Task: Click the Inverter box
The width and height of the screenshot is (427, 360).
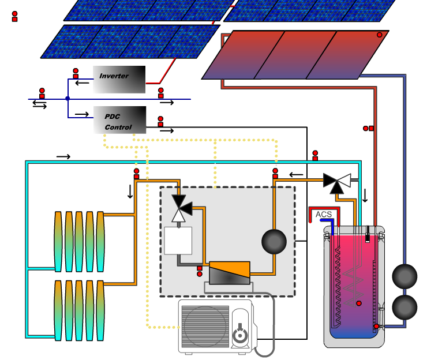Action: point(119,80)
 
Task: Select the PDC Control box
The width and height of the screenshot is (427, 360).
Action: point(119,120)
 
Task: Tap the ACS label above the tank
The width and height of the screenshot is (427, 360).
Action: point(324,214)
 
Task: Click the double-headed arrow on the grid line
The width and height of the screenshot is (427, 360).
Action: point(39,105)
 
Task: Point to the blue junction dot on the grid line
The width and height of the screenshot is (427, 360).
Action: point(68,99)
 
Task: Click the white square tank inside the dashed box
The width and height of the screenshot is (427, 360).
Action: point(178,241)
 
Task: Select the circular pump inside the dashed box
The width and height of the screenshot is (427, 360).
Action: point(274,242)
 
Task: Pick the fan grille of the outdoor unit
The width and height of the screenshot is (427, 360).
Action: point(205,327)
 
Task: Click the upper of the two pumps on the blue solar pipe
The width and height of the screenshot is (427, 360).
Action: point(404,276)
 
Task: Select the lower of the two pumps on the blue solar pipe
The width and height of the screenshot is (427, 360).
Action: point(404,307)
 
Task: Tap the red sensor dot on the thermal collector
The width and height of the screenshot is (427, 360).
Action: point(379,35)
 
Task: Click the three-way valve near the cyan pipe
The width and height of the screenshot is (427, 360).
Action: point(337,183)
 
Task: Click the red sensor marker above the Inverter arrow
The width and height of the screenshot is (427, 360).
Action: point(76,73)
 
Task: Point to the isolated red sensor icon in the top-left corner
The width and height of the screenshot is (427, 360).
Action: point(14,16)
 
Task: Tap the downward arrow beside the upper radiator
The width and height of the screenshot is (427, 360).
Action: point(130,192)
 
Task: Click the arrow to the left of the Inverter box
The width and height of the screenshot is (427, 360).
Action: point(82,82)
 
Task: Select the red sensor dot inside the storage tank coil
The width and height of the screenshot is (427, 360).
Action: point(359,303)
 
